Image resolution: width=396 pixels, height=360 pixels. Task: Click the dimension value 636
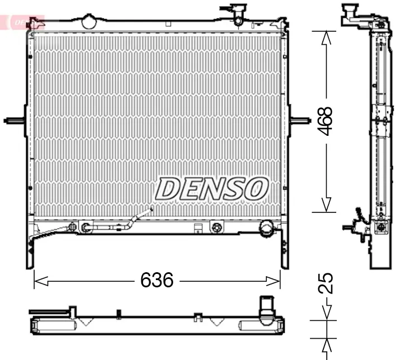157,280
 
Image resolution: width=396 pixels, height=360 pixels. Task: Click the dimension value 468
325,121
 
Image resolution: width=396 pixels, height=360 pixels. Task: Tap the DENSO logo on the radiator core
211,188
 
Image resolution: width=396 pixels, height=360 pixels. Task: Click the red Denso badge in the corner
22,22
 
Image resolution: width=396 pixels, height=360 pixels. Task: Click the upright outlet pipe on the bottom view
266,309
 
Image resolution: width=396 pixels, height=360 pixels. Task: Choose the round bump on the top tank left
89,21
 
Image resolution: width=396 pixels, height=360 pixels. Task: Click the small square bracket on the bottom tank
197,228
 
